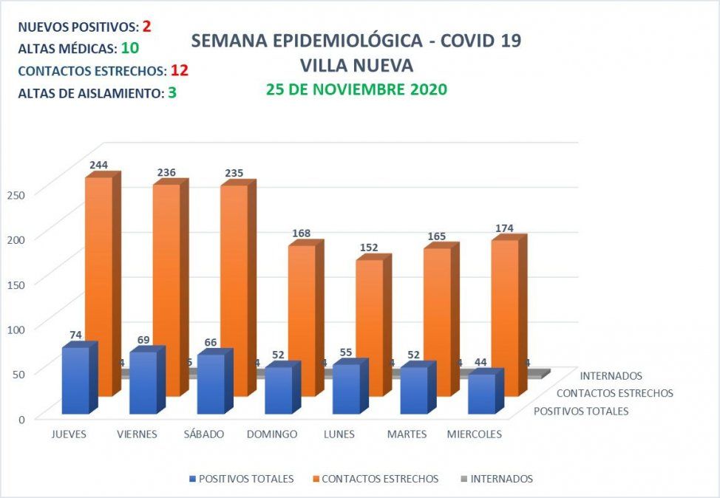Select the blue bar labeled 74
[75, 381]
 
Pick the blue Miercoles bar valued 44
[482, 395]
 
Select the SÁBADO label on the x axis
[204, 434]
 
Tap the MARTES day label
[407, 434]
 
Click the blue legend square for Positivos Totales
[193, 479]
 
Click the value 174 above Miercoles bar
[505, 228]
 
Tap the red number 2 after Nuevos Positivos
[147, 27]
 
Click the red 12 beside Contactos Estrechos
[180, 71]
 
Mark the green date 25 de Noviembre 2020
[356, 89]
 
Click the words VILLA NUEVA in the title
[356, 65]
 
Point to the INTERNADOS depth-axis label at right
[611, 376]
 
